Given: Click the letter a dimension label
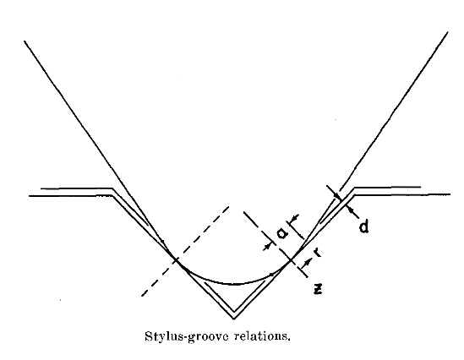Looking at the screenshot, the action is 282,234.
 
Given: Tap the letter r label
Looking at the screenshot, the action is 317,252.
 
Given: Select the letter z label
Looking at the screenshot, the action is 318,289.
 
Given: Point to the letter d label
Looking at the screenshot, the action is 363,226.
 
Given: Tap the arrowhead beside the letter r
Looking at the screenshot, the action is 308,262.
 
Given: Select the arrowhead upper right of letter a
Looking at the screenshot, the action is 293,219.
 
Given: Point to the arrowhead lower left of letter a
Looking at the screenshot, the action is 268,246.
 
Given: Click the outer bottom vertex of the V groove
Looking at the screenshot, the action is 234,319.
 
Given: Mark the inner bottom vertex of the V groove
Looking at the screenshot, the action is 234,311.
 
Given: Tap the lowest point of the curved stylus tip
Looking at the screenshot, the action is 234,284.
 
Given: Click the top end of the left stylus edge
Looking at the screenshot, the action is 25,41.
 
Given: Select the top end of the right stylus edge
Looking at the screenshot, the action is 447,32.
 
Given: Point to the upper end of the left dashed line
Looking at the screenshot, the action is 229,206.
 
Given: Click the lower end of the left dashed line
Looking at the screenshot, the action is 142,296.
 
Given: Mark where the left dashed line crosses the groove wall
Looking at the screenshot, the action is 176,260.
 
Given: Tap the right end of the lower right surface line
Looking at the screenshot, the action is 450,194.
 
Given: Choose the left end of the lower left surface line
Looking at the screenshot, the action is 30,196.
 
